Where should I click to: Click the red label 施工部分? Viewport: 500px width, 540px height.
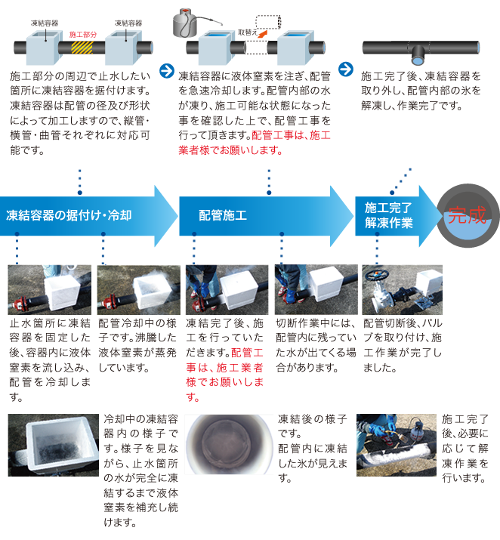click(x=82, y=35)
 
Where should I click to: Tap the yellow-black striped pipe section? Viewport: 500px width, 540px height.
click(x=82, y=48)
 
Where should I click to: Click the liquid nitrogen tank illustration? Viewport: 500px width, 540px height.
click(x=185, y=23)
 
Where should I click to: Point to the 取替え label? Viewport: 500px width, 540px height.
click(x=248, y=32)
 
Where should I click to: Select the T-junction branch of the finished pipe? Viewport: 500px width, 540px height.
click(x=418, y=56)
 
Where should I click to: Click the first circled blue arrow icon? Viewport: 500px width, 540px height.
click(x=167, y=70)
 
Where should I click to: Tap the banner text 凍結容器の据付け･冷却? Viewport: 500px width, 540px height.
click(x=69, y=215)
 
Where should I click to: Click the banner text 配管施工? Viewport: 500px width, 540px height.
click(x=223, y=215)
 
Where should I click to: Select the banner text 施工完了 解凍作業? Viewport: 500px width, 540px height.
click(x=388, y=215)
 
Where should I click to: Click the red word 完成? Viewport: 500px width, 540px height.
click(x=467, y=215)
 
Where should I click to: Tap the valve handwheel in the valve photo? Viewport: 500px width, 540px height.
click(x=377, y=275)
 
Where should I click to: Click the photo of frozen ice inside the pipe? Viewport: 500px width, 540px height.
click(x=229, y=444)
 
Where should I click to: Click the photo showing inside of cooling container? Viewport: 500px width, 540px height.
click(x=54, y=445)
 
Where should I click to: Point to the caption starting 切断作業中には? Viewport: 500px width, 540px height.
click(x=316, y=345)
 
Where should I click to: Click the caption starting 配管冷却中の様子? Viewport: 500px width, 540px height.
click(x=137, y=345)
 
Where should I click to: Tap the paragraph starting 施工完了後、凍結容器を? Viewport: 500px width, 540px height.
click(x=421, y=91)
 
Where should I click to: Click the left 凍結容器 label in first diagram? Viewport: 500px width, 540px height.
click(x=45, y=23)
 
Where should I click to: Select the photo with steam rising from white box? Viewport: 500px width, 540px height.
click(x=139, y=289)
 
